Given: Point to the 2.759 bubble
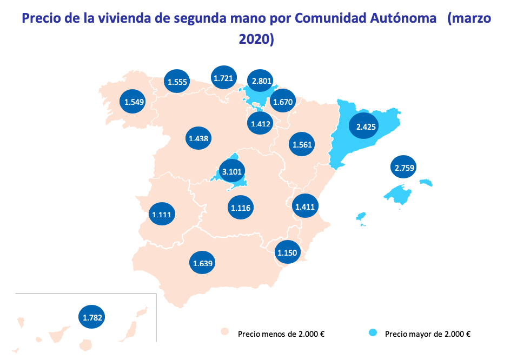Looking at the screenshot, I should point(405,168).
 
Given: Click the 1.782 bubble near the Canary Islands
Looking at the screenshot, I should point(92,317).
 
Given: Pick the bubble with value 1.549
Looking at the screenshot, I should point(132,101).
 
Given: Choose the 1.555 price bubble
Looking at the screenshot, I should point(177,82).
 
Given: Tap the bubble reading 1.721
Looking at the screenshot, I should point(223,78).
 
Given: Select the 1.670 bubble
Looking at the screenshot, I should point(283,101).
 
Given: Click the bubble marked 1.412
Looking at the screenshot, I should point(261,123).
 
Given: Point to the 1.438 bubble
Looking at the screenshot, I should point(198,138).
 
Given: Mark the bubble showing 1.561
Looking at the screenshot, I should point(302,144).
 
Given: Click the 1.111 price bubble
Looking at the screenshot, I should point(161,214).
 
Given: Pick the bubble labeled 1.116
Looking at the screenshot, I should point(241,208).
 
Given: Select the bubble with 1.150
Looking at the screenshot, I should point(287,252).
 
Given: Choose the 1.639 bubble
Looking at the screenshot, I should point(202,263).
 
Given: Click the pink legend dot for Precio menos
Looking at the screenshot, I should point(225,332).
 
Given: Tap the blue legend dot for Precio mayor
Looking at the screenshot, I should point(373,332).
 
